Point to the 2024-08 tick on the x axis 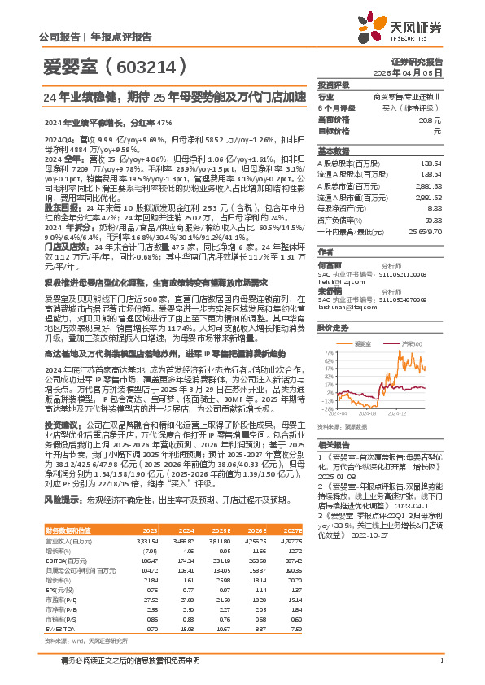point(369,413)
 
